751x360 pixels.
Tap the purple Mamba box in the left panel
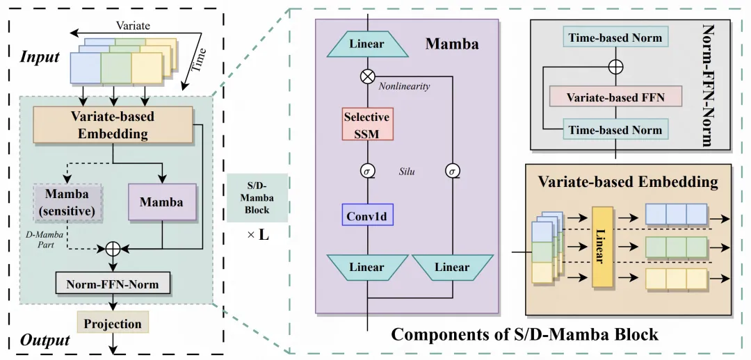(162, 202)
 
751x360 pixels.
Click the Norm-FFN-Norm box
(113, 284)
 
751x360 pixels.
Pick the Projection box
(113, 324)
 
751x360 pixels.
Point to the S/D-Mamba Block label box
(257, 198)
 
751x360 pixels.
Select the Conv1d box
(366, 216)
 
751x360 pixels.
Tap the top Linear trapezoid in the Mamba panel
(366, 44)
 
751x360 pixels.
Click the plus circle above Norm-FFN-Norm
(113, 248)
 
